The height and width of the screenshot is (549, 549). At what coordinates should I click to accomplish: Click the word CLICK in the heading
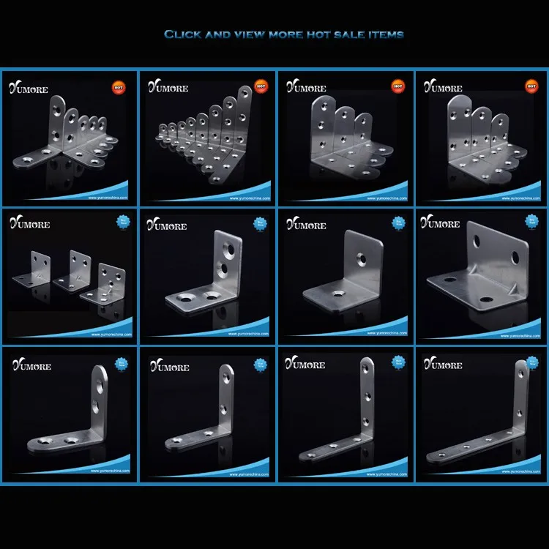[x=180, y=34]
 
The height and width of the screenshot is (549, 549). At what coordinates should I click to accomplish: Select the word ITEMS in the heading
[x=382, y=34]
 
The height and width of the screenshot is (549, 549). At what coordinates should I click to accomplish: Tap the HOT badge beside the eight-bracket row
[x=261, y=86]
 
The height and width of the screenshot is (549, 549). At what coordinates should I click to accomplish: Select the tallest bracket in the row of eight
[x=244, y=117]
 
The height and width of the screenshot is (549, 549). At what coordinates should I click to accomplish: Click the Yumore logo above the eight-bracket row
[x=168, y=88]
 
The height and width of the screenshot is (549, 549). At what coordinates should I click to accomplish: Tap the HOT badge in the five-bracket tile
[x=118, y=86]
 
